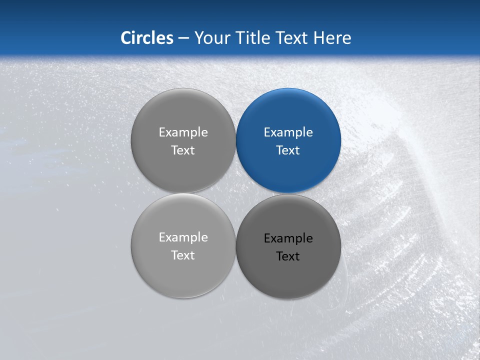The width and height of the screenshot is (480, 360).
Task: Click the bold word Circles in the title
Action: tap(146, 37)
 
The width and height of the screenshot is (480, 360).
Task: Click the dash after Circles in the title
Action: tap(183, 38)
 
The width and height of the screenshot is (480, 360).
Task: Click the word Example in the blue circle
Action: tap(288, 132)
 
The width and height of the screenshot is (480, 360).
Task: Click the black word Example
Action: tap(288, 238)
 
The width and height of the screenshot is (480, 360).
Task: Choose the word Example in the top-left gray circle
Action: tap(183, 132)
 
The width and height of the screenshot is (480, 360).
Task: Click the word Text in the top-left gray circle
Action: tap(182, 150)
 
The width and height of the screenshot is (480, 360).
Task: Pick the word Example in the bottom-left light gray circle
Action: tap(183, 237)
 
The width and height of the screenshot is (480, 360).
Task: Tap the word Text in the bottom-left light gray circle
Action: tap(182, 255)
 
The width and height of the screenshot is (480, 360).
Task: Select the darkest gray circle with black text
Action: tap(288, 275)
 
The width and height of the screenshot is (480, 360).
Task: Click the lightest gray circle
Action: tap(183, 275)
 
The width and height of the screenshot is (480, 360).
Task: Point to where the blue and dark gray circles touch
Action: tap(288, 193)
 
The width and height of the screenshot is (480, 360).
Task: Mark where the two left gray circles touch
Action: tap(183, 193)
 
